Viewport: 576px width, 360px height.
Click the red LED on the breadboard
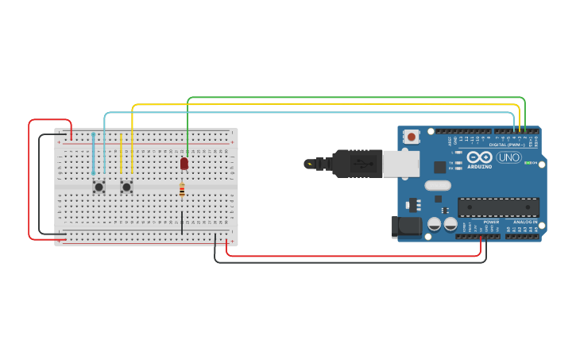point(184,163)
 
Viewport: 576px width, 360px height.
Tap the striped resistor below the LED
point(182,190)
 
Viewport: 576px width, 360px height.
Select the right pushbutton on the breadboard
point(126,187)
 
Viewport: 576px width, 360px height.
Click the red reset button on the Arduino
point(412,137)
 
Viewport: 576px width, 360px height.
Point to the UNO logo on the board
point(508,157)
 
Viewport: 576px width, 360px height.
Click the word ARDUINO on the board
point(479,167)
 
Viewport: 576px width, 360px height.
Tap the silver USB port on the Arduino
point(400,164)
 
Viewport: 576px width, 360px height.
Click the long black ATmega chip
point(498,207)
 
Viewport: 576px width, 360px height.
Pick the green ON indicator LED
point(527,163)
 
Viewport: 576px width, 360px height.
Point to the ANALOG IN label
point(524,222)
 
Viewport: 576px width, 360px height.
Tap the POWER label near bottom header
point(491,222)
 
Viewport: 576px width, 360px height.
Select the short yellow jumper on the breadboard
point(121,153)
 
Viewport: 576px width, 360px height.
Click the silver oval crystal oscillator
point(438,185)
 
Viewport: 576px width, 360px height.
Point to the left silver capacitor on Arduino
point(434,224)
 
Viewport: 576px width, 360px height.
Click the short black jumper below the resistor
point(182,222)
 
